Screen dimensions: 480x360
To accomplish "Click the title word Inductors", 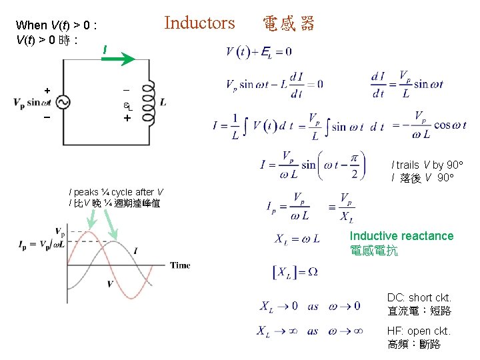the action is click(x=199, y=23).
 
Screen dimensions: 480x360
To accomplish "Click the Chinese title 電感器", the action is click(x=288, y=25).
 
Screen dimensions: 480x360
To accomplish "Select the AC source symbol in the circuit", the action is click(x=64, y=102).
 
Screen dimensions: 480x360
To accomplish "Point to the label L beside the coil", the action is click(x=163, y=102).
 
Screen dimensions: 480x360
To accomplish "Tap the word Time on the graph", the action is click(x=180, y=265).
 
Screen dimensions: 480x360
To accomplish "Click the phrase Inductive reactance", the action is click(x=401, y=236).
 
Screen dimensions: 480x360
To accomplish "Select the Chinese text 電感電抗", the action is click(x=373, y=251).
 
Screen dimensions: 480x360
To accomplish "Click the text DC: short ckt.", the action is click(x=419, y=297).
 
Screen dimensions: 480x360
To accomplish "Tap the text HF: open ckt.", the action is click(x=419, y=331).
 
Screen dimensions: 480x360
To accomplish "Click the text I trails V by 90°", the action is click(x=427, y=165).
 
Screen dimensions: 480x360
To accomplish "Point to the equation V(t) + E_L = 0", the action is click(x=259, y=51).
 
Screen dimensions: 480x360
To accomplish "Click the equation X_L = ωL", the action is click(x=297, y=239).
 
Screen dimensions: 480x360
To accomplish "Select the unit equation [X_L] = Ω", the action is click(x=295, y=272).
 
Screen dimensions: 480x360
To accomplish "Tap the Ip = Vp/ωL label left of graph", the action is click(x=40, y=245).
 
